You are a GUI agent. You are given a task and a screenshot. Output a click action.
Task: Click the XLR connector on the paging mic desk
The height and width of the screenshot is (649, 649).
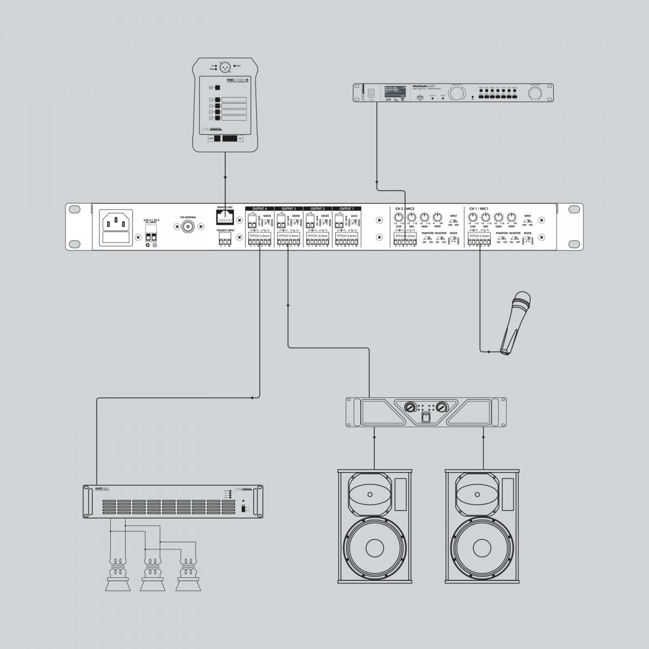(x=225, y=68)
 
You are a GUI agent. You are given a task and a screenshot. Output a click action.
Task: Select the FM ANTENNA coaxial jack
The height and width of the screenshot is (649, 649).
(x=189, y=227)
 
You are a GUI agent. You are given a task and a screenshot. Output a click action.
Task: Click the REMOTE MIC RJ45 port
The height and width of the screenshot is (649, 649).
(x=225, y=217)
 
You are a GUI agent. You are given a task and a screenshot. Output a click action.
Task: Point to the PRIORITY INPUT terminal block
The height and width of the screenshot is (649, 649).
(x=225, y=241)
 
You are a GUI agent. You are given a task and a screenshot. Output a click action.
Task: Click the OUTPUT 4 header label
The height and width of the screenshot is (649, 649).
(x=260, y=208)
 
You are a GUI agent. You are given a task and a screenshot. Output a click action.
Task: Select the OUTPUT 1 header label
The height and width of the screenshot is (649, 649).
(x=347, y=208)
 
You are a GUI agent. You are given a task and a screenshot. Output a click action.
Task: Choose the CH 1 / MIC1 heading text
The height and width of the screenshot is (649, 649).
(x=479, y=208)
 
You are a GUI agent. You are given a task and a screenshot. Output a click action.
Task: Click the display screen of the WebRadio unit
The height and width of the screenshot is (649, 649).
(x=395, y=93)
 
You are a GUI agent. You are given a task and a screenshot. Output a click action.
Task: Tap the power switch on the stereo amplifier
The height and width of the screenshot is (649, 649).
(x=426, y=417)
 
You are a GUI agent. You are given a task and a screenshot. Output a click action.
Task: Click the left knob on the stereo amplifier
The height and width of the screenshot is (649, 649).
(x=410, y=407)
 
